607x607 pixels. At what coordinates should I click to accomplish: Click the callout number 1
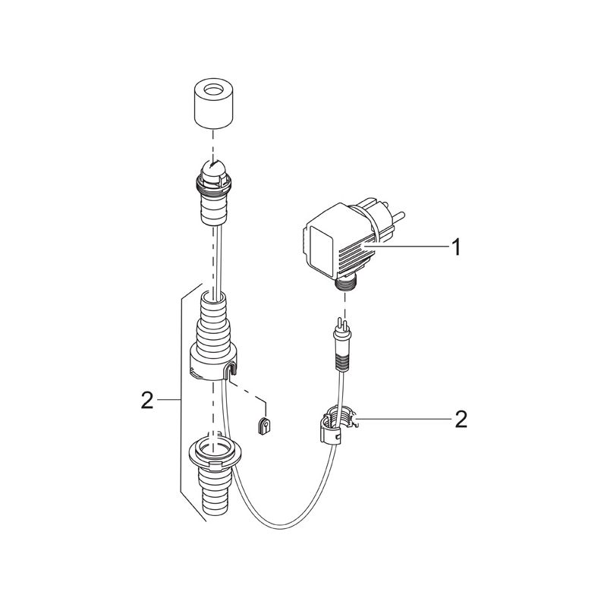457,247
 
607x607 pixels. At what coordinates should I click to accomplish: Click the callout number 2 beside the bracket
147,401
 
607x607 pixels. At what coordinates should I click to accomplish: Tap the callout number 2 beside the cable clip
461,419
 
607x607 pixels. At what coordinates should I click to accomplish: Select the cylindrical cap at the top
213,103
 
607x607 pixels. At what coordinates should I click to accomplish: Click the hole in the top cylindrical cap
214,91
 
